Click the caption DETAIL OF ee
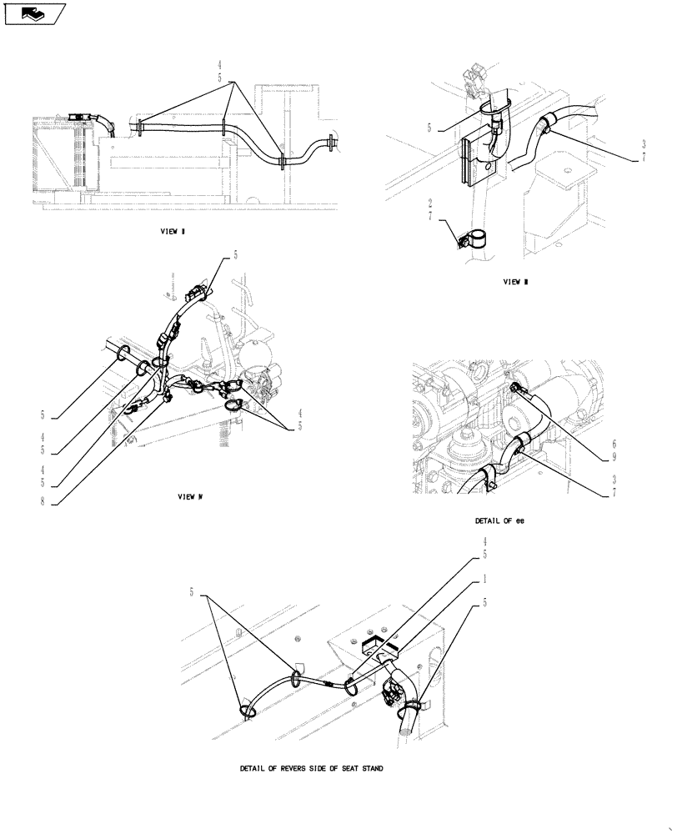499,520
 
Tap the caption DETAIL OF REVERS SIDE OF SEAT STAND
310,767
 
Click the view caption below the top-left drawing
173,232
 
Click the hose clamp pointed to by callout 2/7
473,240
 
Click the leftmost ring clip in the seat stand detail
248,710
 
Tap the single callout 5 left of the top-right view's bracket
429,128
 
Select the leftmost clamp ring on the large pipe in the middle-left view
122,354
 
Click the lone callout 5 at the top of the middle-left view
235,256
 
